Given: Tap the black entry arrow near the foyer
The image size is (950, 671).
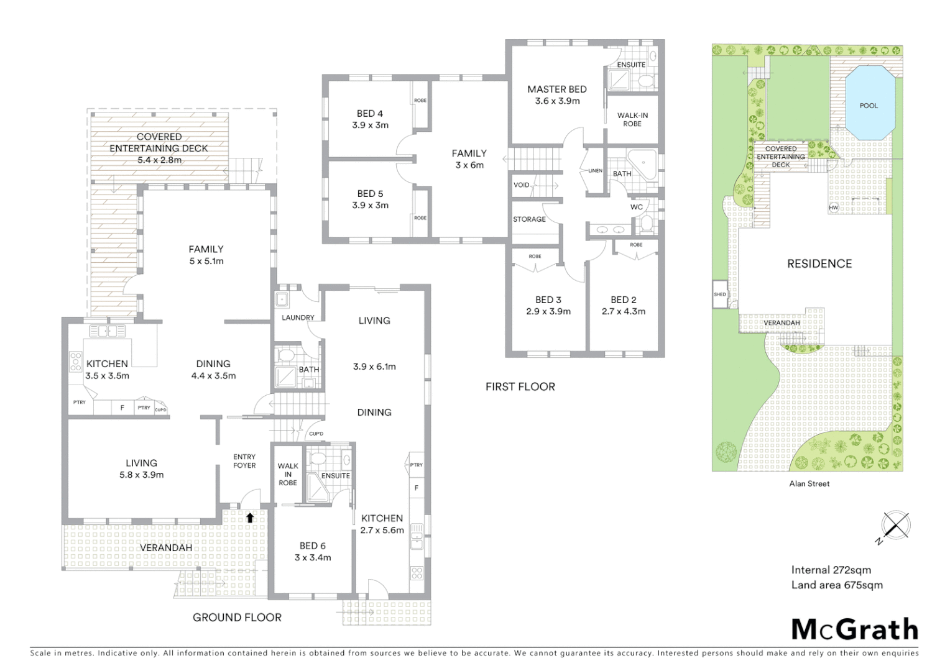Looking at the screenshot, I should click(x=250, y=517).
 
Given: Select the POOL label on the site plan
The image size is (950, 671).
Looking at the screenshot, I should click(x=869, y=106).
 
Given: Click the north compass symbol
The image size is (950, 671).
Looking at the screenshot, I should click(x=895, y=526).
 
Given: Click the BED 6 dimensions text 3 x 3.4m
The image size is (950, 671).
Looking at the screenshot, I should click(x=313, y=557).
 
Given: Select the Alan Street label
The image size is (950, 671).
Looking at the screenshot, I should click(x=809, y=483).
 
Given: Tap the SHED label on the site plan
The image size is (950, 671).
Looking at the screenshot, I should click(x=720, y=294).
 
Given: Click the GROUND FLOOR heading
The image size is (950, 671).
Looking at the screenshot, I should click(x=237, y=617).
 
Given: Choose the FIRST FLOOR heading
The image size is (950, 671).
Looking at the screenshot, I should click(x=520, y=386).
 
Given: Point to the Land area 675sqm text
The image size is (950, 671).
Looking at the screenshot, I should click(x=837, y=585).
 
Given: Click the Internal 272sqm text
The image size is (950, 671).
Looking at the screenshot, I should click(x=831, y=570).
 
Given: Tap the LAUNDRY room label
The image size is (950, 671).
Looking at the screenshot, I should click(x=298, y=317).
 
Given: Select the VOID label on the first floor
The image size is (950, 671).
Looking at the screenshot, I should click(x=521, y=185).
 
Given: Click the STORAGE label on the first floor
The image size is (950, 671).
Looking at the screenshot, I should click(x=529, y=219).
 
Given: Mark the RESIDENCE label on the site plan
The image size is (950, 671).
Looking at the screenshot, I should click(x=819, y=263).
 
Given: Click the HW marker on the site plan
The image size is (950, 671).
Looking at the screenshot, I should click(x=833, y=208).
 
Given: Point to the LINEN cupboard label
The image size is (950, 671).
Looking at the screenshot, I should click(x=595, y=171).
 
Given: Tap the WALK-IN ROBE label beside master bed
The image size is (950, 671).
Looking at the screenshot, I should click(x=632, y=119).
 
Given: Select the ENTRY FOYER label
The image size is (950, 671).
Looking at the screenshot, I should click(x=244, y=461).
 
